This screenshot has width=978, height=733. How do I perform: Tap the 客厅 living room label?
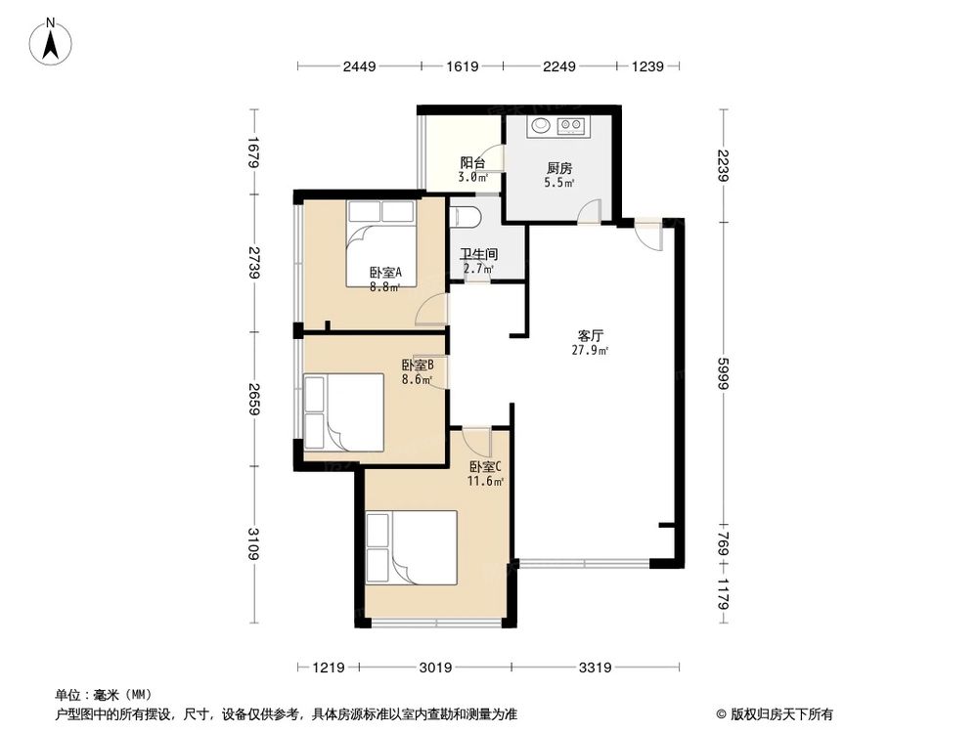[591, 334]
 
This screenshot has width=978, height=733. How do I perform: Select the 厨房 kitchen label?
[559, 166]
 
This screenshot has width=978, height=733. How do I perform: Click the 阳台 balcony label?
[473, 163]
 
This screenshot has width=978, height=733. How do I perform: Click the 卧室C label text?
[485, 466]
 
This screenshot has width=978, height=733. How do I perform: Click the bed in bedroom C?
[412, 548]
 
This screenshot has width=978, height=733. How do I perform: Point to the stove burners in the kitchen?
[571, 125]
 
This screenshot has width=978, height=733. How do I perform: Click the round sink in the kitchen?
[539, 125]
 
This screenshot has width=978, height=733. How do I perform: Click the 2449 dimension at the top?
[359, 66]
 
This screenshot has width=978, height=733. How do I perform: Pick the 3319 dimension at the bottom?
[595, 668]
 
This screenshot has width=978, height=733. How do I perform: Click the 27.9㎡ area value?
[591, 350]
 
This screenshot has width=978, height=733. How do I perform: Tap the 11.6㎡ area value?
[485, 481]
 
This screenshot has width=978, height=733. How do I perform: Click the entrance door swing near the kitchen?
[647, 236]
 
